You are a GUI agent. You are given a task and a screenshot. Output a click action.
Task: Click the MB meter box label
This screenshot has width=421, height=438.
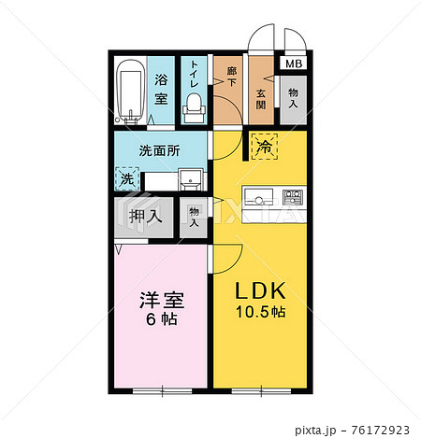[x=294, y=64]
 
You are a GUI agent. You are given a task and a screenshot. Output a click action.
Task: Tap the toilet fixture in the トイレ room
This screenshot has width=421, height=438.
[x=194, y=107]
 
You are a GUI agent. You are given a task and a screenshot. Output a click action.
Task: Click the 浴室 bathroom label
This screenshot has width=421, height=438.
[x=161, y=90]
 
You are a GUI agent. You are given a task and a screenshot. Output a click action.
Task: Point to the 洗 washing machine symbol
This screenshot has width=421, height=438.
[x=127, y=179]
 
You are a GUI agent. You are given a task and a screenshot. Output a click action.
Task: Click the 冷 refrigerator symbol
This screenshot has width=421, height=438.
[x=265, y=147]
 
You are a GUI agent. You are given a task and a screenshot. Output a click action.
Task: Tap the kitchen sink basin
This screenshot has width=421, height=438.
[x=258, y=197]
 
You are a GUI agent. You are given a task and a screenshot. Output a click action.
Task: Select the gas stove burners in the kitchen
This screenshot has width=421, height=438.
[x=293, y=197]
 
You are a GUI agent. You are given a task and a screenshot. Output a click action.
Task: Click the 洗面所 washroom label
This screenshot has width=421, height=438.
[x=159, y=151]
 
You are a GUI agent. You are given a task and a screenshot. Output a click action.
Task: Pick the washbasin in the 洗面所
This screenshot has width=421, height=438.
[x=191, y=179]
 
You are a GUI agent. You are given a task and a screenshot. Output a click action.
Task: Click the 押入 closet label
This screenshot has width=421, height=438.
[x=145, y=216]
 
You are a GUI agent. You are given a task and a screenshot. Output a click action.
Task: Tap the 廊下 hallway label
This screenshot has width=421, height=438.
[x=231, y=77]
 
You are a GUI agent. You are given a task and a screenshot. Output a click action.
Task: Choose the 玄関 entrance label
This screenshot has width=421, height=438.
[x=261, y=100]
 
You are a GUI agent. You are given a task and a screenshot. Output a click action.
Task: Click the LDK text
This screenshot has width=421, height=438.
[x=260, y=290]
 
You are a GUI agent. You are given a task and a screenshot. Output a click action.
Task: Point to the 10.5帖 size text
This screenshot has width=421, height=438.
[x=260, y=312]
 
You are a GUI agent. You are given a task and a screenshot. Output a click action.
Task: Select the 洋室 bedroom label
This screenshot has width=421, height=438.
[x=162, y=300]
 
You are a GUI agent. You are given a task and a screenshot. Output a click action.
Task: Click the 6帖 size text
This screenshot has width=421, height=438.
[x=162, y=319]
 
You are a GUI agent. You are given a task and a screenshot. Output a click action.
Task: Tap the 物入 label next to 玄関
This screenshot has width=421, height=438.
[x=293, y=98]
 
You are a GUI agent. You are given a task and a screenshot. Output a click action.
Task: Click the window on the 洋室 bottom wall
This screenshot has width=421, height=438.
[x=163, y=391]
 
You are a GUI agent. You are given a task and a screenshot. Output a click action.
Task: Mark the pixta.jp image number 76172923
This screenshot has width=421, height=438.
[x=380, y=431]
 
